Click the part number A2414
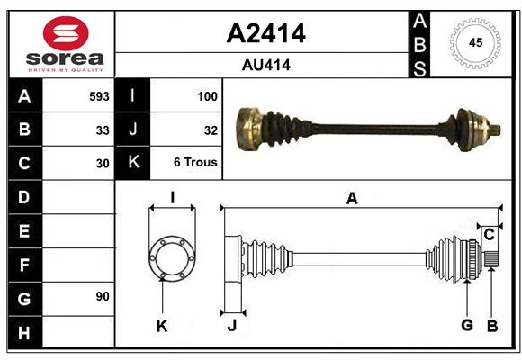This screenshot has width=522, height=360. click(265, 33)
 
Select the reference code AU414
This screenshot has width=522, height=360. click(265, 65)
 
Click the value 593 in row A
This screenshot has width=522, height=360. click(99, 95)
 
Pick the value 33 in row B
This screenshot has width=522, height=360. click(103, 130)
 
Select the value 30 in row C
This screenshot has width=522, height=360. click(103, 164)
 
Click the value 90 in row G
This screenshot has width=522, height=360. click(103, 296)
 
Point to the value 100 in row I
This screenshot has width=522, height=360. click(206, 95)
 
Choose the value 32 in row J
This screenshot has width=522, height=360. click(211, 130)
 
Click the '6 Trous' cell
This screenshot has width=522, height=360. click(196, 164)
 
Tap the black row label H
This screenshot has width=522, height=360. click(23, 332)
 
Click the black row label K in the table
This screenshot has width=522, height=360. click(132, 163)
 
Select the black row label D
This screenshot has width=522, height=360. click(23, 197)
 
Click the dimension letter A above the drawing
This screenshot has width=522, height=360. click(352, 199)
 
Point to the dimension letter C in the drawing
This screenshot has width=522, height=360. click(489, 235)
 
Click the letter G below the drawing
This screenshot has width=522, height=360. click(466, 326)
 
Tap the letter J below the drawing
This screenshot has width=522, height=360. click(231, 326)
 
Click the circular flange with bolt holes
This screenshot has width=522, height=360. click(171, 257)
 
